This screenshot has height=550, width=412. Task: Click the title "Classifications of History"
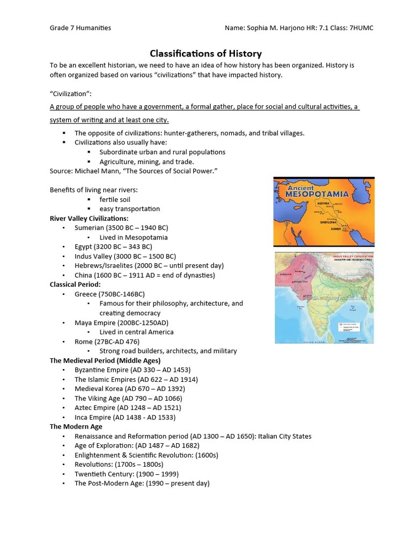205,53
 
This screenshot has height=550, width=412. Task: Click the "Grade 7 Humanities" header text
80,27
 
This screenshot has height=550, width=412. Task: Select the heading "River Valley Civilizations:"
89,219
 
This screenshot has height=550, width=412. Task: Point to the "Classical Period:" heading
75,285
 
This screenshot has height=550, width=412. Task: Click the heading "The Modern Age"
76,427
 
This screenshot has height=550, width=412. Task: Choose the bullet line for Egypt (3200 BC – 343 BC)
113,247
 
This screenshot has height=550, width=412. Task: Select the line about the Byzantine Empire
133,370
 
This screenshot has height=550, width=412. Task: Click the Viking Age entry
128,399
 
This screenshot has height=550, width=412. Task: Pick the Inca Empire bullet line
125,417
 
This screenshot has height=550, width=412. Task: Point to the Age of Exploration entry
137,446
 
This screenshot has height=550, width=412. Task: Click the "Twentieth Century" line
127,474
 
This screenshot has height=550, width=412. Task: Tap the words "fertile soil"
115,200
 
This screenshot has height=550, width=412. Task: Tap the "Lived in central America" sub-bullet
136,332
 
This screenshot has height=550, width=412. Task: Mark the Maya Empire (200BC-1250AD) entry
121,323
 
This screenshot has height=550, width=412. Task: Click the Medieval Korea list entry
130,389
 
